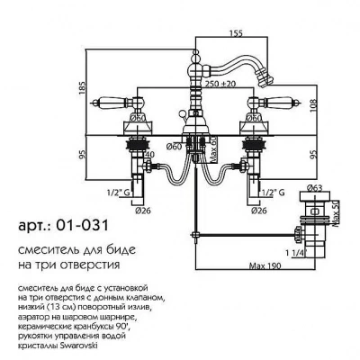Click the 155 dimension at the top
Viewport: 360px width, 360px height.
point(236,33)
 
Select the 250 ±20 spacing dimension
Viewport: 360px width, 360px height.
point(220,85)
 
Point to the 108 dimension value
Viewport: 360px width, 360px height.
point(313,105)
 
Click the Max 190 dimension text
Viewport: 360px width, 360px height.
point(265,265)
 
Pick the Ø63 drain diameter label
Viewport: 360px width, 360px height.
point(315,188)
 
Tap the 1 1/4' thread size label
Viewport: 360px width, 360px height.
point(296,253)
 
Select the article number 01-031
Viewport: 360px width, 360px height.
point(83,226)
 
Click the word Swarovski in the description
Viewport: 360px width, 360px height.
point(80,346)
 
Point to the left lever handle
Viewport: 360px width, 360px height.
point(114,103)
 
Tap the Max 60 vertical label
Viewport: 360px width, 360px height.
point(213,152)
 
